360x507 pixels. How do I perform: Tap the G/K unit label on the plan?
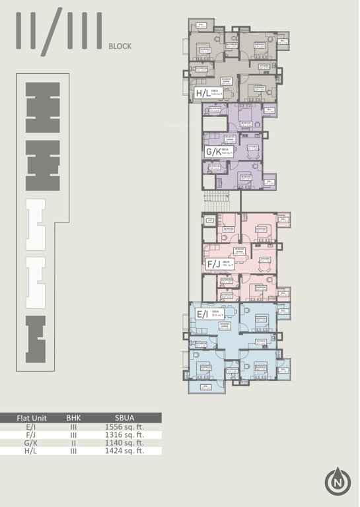pyautogui.click(x=213, y=152)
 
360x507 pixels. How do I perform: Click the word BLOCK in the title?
pyautogui.click(x=120, y=46)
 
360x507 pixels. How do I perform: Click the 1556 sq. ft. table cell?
pyautogui.click(x=124, y=426)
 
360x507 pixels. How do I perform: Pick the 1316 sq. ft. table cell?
pyautogui.click(x=124, y=434)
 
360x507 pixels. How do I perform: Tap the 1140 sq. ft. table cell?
pyautogui.click(x=124, y=442)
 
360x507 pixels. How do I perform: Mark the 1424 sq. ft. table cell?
pyautogui.click(x=124, y=451)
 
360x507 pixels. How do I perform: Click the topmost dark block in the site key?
pyautogui.click(x=42, y=106)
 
